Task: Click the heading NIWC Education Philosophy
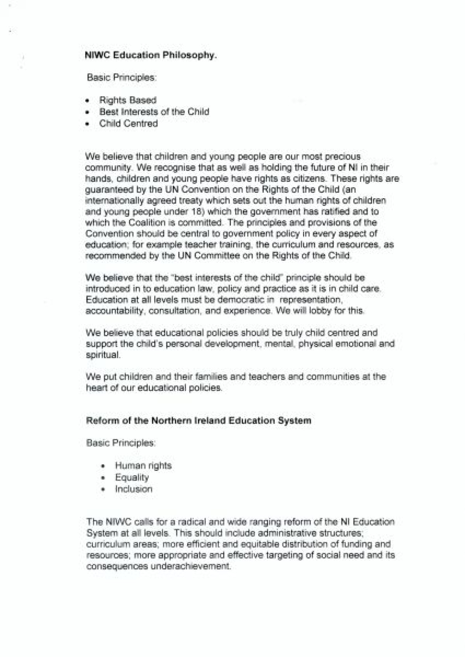[150, 55]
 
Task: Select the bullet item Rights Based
[127, 100]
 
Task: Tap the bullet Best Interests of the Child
[154, 112]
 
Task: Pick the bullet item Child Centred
[128, 123]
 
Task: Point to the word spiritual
[103, 354]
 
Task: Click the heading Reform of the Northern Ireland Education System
[198, 421]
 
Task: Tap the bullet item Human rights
[143, 465]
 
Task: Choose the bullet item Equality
[132, 477]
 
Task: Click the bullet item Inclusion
[133, 489]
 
